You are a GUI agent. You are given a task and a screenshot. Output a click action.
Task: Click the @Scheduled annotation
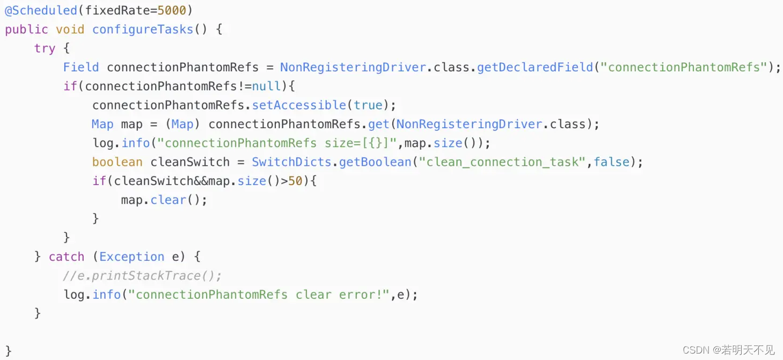41,10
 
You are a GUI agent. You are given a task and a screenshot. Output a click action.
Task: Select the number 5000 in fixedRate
172,10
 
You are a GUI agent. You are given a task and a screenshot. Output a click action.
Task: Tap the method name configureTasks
142,30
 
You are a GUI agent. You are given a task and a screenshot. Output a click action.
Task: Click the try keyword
45,48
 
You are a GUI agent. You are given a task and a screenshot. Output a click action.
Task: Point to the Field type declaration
81,67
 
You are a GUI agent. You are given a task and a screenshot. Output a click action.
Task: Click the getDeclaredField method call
535,67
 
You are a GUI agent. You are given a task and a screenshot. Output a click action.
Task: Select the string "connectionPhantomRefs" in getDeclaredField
684,67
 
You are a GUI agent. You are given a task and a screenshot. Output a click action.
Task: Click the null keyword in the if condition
266,86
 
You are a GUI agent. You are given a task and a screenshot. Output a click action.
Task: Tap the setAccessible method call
299,105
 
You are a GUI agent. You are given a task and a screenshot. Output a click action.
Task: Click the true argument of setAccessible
368,105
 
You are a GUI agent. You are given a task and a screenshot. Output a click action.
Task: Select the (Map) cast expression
182,124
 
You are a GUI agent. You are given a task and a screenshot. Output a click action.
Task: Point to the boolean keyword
117,162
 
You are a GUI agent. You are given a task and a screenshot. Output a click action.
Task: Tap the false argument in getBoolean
611,162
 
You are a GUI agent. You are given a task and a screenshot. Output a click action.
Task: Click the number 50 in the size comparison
295,181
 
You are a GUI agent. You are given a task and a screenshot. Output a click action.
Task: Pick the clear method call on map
168,200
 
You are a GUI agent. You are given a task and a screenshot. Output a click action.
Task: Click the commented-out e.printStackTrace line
142,276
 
